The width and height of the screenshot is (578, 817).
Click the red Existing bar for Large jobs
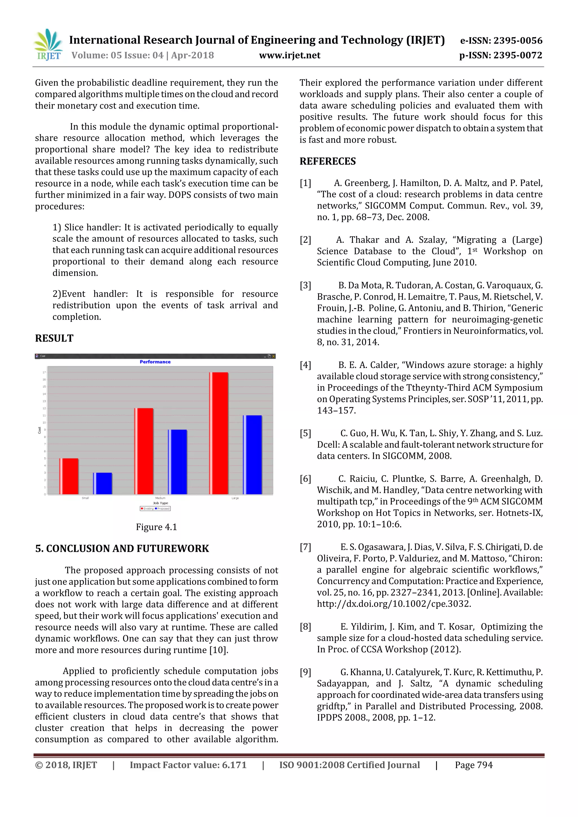point(219,433)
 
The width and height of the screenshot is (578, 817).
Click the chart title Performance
point(155,362)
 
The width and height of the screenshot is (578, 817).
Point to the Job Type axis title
point(160,503)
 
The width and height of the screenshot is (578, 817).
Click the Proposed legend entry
point(163,508)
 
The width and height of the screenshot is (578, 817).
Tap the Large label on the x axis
point(235,498)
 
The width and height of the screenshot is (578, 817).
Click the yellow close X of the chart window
point(273,356)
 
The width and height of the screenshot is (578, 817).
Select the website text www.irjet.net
point(290,56)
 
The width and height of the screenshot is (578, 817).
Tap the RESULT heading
point(54,338)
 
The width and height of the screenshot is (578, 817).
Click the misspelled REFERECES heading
point(327,162)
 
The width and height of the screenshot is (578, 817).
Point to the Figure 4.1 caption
point(156,527)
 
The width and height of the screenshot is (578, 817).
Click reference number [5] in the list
point(305,433)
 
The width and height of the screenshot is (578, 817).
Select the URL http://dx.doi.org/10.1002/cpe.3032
point(394,604)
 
